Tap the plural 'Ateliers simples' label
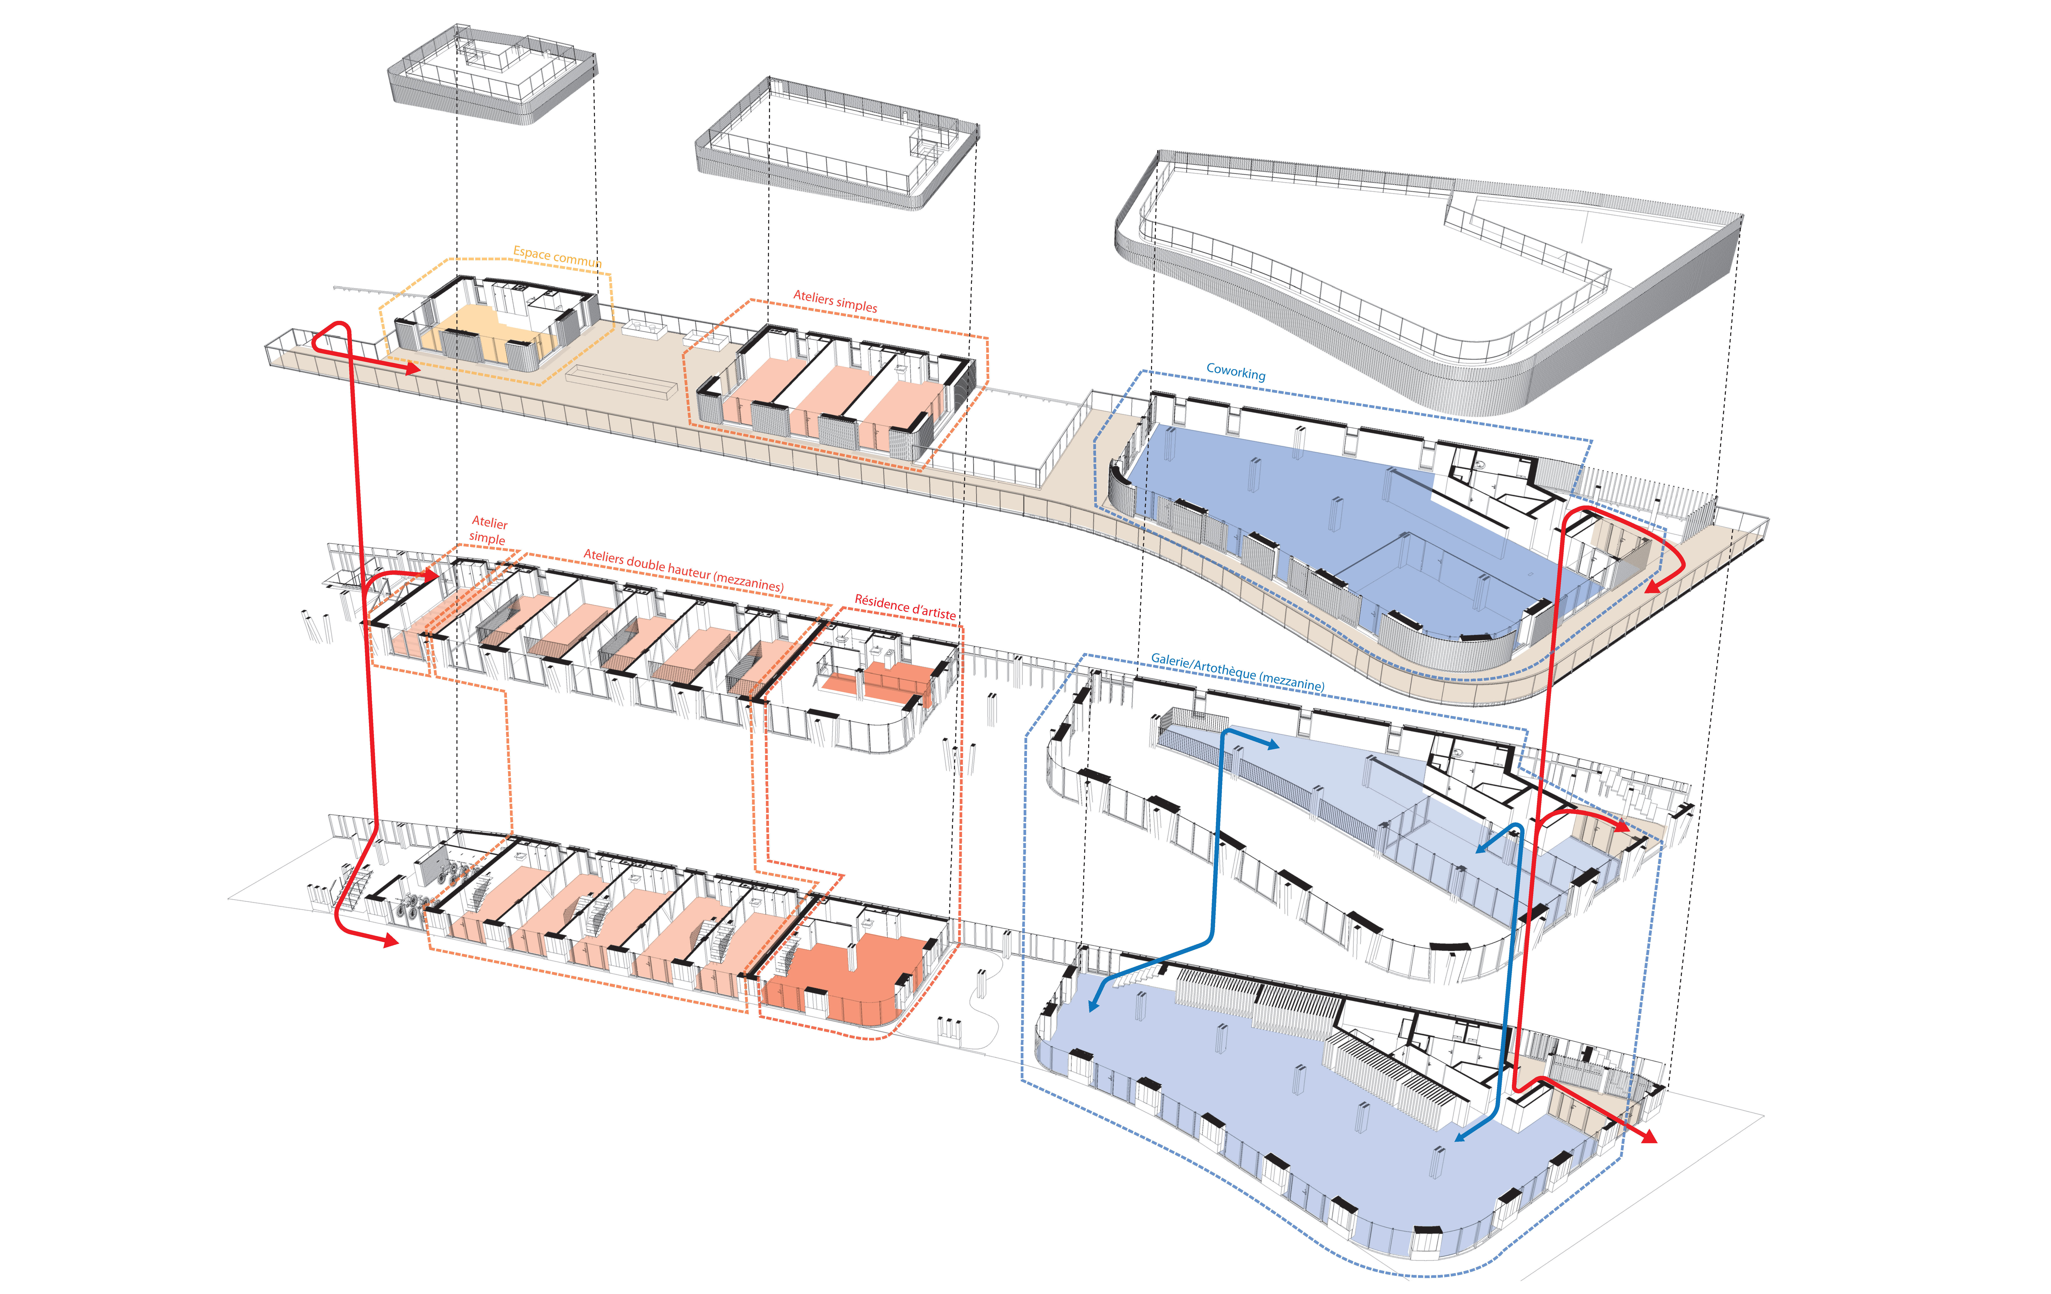(x=835, y=301)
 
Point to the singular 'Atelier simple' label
(x=488, y=530)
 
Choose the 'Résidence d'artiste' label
(x=905, y=607)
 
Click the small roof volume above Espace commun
(x=492, y=77)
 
